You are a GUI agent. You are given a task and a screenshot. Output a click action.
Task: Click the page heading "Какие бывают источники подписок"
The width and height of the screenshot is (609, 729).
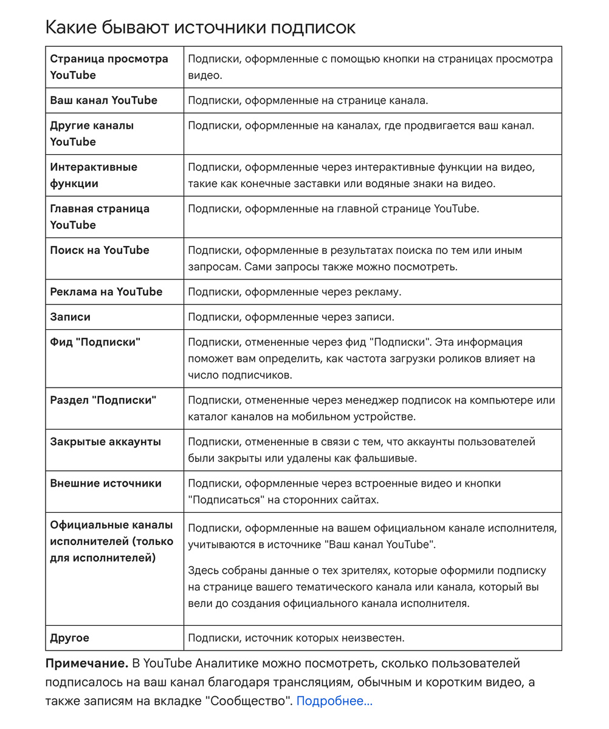click(x=201, y=27)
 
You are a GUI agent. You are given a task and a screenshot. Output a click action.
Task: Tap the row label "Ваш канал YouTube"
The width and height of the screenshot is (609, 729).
click(x=103, y=100)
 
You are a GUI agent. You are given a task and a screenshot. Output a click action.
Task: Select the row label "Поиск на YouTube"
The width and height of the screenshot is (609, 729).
click(x=100, y=250)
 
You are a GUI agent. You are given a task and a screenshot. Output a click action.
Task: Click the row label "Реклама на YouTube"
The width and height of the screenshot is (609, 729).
click(x=106, y=292)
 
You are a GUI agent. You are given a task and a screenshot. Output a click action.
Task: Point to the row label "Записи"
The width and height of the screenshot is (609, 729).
click(x=70, y=317)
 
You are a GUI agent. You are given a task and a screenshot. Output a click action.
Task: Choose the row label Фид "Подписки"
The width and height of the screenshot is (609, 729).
click(x=95, y=342)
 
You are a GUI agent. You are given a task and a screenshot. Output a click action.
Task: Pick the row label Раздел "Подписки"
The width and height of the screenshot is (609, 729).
click(x=103, y=400)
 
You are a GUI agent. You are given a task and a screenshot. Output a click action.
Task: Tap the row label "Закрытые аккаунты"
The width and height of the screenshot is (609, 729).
click(x=106, y=442)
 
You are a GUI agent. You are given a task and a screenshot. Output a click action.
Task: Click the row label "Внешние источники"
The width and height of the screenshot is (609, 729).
click(x=106, y=484)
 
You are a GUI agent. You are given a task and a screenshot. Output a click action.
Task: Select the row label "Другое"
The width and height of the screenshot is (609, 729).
click(x=69, y=638)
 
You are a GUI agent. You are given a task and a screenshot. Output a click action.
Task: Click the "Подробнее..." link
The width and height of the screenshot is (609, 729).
click(x=334, y=701)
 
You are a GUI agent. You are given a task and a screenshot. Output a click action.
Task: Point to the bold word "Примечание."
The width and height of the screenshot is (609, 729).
click(x=87, y=663)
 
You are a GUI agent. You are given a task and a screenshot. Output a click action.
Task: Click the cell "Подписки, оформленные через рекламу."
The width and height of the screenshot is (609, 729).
click(x=295, y=292)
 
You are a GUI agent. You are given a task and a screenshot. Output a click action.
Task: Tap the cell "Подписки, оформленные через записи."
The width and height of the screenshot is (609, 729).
click(x=291, y=317)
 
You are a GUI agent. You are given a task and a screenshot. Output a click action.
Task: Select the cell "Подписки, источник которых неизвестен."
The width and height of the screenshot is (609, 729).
click(x=296, y=638)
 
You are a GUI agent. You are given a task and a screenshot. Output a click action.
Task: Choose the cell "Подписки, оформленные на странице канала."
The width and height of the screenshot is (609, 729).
click(x=308, y=100)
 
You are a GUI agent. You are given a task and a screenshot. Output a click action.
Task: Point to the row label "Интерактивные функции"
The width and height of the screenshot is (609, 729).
click(x=94, y=175)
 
